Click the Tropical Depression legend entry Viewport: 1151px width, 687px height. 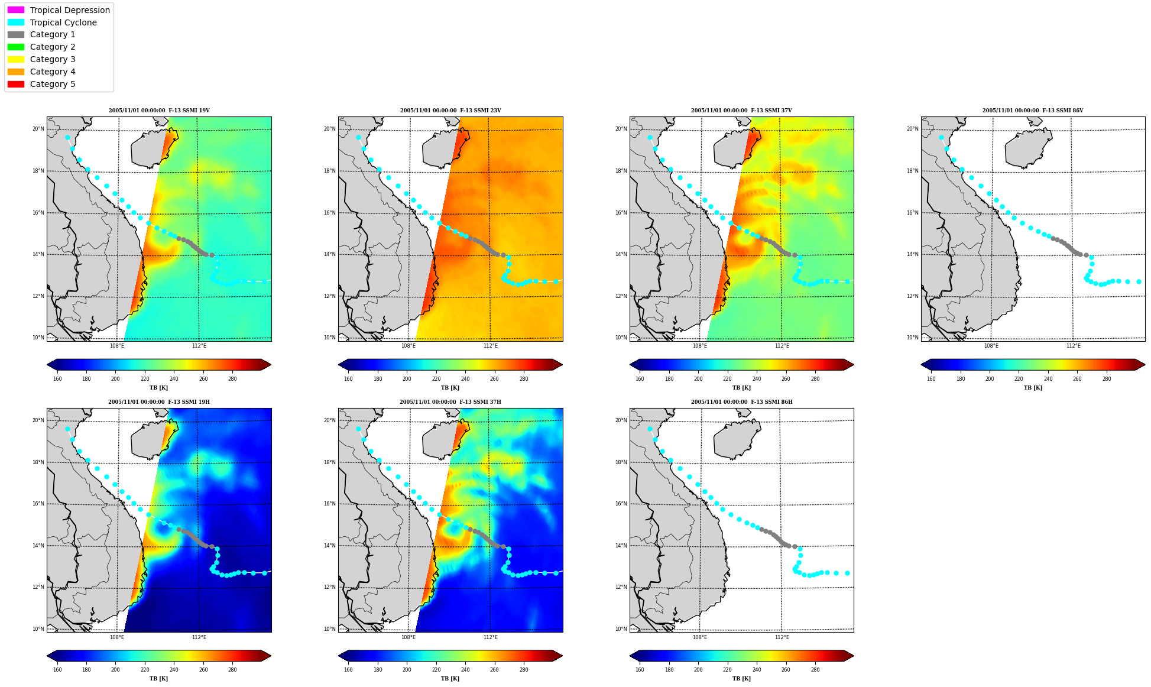point(59,10)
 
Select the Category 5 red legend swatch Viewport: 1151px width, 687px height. point(16,84)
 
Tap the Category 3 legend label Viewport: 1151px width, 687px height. point(53,59)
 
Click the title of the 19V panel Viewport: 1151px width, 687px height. point(159,111)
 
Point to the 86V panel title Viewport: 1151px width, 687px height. point(1033,111)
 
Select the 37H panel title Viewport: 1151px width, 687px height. point(450,402)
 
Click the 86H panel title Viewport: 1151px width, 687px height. point(742,402)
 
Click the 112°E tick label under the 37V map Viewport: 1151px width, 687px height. point(782,346)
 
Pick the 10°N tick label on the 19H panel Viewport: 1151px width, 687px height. point(38,629)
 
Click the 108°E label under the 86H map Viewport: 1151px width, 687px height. point(700,637)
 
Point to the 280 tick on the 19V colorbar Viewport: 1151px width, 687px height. point(232,379)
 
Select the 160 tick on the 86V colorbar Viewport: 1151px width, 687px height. point(931,379)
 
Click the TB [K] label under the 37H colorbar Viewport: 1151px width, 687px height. point(450,679)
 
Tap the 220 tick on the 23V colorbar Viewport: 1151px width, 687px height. point(436,379)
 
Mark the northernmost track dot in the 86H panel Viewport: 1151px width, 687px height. point(650,429)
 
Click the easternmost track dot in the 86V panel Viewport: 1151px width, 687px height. point(1139,282)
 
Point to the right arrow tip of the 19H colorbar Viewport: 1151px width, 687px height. point(271,656)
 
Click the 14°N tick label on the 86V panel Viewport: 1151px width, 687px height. point(912,254)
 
